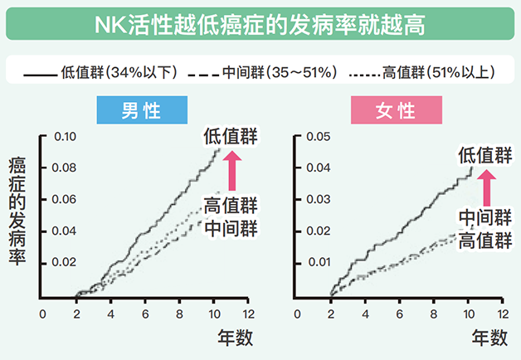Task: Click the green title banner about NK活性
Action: click(x=260, y=22)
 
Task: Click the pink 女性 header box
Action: click(x=397, y=112)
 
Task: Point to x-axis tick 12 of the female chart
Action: click(x=502, y=314)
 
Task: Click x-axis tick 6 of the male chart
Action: click(x=144, y=314)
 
